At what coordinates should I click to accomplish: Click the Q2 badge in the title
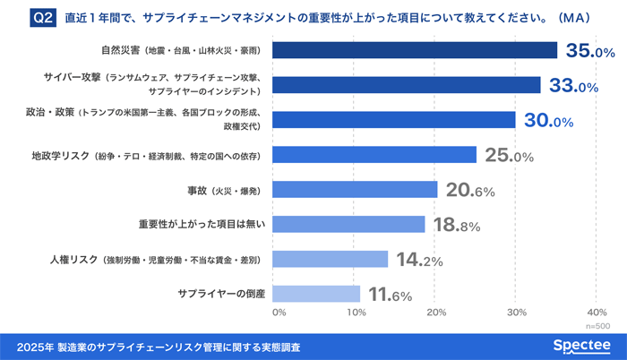[43, 17]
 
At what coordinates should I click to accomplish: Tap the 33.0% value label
[573, 86]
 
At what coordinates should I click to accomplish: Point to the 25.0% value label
[509, 156]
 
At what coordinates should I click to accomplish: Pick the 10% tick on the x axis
[356, 313]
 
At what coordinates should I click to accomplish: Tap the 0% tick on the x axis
[279, 313]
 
